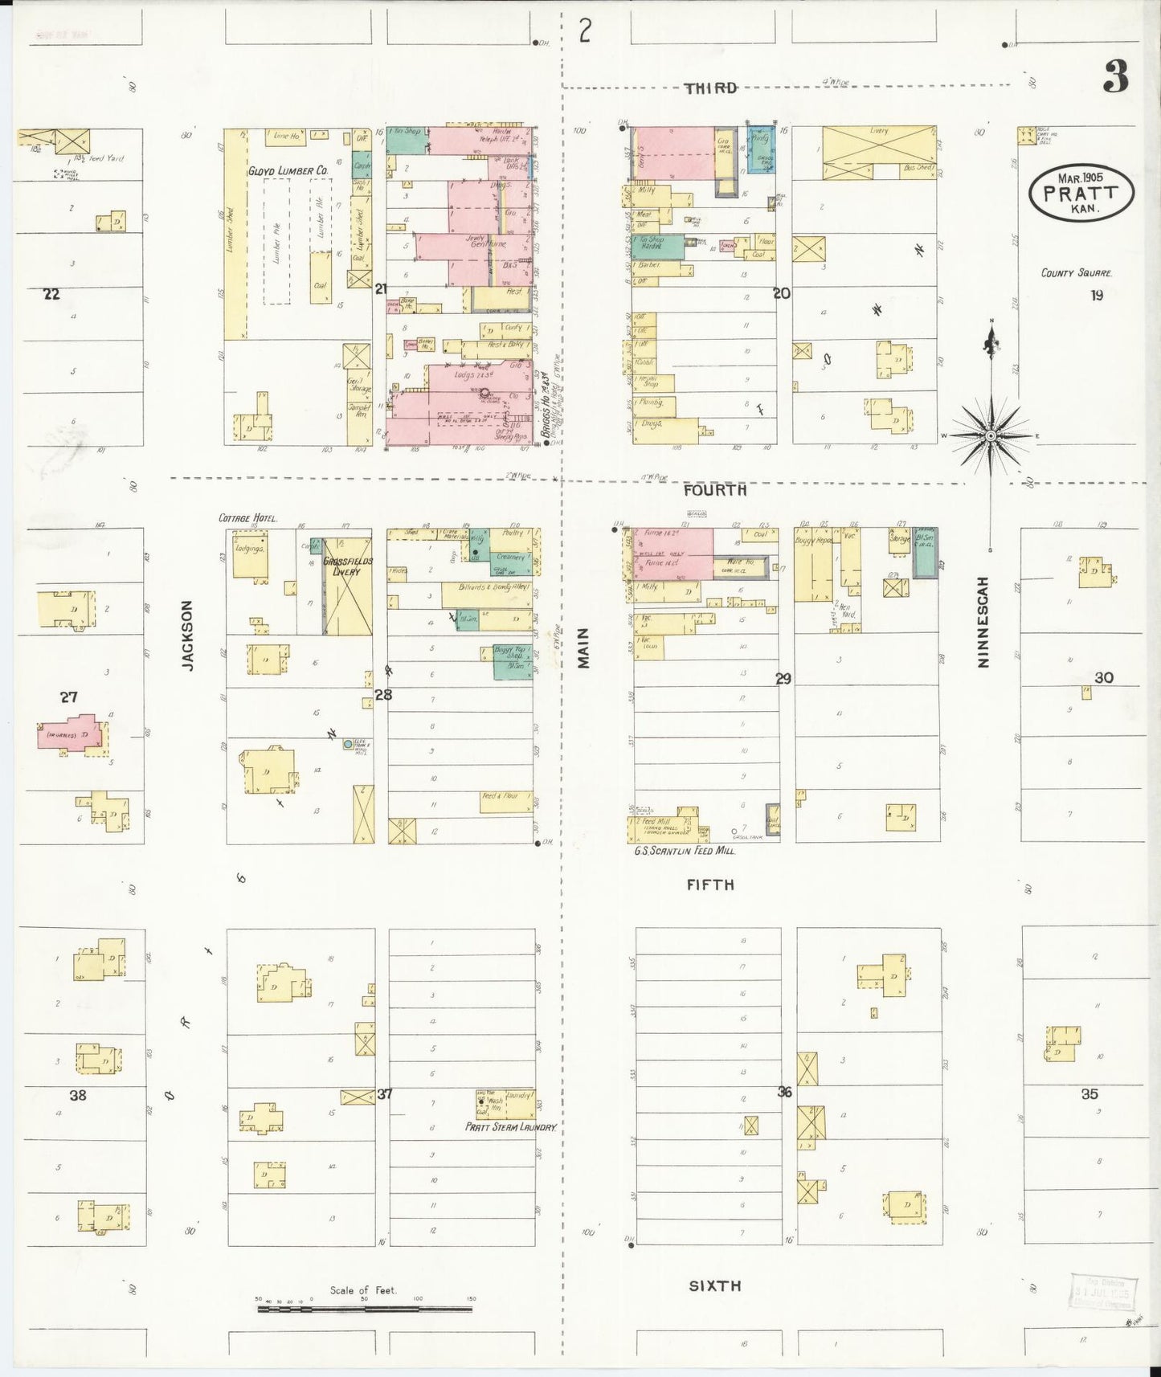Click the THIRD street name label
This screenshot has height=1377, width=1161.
(710, 88)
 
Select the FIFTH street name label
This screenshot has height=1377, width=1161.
(710, 885)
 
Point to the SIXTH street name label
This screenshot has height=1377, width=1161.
(714, 1285)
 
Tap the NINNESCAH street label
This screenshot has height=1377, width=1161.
(983, 622)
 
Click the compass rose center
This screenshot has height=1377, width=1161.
(991, 435)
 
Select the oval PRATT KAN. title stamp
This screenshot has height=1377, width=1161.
(1081, 192)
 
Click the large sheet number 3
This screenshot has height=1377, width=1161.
(1115, 78)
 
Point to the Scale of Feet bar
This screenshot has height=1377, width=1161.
(364, 1309)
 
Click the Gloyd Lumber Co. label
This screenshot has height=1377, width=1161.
(288, 171)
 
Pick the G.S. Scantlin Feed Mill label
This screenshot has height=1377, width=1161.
(685, 850)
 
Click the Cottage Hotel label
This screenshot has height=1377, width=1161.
(247, 519)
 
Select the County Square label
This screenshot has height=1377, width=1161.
(1077, 273)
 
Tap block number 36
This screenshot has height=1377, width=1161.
(784, 1092)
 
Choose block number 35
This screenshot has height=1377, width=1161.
(1089, 1093)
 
